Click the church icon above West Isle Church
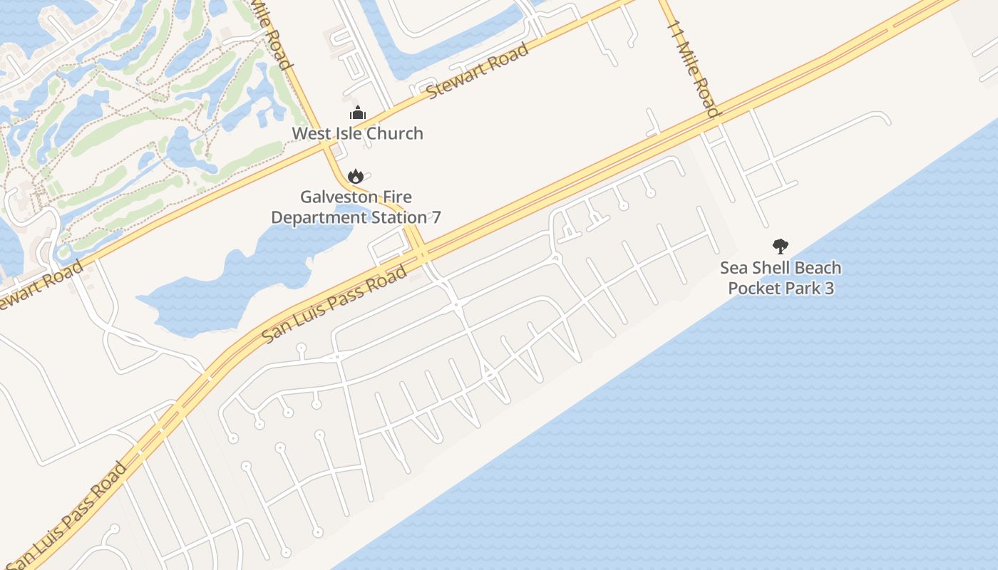(357, 113)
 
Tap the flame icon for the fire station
(355, 175)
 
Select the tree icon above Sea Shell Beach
(781, 247)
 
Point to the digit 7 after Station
(436, 217)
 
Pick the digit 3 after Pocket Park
(828, 289)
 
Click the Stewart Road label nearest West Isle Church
(478, 71)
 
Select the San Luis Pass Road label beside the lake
(334, 304)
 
